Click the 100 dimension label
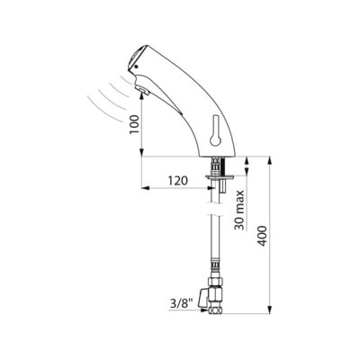click(135, 124)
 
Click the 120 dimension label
click(177, 181)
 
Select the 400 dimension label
click(263, 236)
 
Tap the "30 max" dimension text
click(239, 210)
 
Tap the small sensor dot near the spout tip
click(137, 67)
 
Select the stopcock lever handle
click(203, 298)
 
